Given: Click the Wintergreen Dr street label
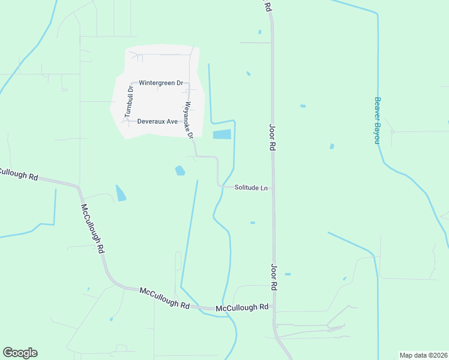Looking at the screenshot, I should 160,83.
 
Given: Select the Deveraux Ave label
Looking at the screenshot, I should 157,121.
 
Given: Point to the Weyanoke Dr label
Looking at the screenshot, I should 188,119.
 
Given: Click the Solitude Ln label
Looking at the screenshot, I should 250,188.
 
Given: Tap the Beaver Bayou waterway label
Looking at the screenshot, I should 378,120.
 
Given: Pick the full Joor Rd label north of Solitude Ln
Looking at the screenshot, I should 272,137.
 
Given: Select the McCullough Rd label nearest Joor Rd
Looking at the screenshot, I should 242,307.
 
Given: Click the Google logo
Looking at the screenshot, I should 20,353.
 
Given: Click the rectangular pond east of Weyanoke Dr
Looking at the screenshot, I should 221,135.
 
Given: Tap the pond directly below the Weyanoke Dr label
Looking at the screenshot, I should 179,171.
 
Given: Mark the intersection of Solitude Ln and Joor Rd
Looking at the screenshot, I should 273,188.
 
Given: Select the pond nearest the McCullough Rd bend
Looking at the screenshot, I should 121,193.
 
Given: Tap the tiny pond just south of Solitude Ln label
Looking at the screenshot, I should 253,223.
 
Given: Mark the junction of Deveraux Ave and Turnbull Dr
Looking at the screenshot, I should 128,121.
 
